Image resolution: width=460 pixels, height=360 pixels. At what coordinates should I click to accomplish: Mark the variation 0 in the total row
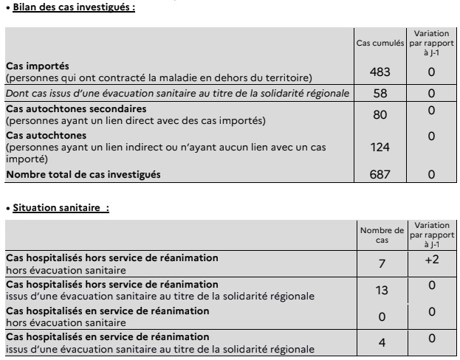click(431, 175)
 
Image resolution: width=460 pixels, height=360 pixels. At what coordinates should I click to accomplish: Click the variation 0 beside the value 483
click(431, 72)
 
